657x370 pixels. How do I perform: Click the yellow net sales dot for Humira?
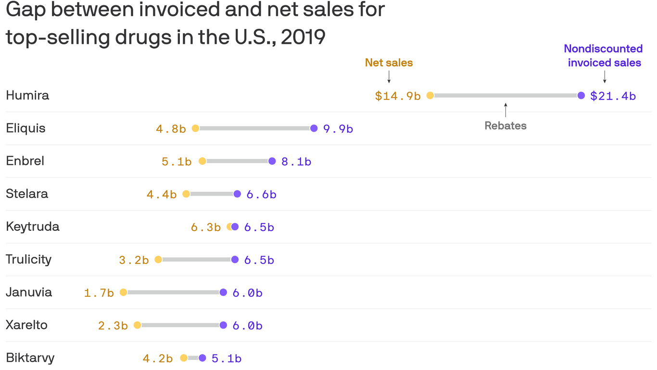click(430, 95)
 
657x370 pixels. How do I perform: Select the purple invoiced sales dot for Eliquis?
click(314, 128)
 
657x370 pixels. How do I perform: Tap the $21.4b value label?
click(613, 96)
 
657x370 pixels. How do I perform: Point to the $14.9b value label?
click(398, 96)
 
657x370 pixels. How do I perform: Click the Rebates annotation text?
click(505, 126)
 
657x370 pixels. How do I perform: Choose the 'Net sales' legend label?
click(389, 63)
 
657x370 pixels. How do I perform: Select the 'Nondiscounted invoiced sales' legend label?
click(604, 56)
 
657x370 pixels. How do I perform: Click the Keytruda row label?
click(33, 226)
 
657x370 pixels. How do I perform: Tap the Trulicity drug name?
click(28, 259)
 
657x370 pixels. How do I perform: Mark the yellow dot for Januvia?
click(123, 292)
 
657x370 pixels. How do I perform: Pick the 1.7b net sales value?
click(99, 293)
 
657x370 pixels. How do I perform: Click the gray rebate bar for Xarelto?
click(180, 325)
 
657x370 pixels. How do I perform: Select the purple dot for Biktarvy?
click(202, 358)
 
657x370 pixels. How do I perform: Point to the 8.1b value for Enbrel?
click(296, 162)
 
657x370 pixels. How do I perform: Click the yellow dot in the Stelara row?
click(186, 194)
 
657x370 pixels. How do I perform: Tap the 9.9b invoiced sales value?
click(338, 129)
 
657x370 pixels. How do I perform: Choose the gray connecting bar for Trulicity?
click(196, 260)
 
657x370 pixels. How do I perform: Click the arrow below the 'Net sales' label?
click(389, 77)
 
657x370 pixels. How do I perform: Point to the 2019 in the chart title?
click(303, 38)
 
